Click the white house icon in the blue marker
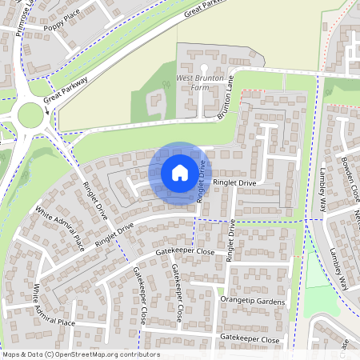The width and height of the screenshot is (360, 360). tap(179, 172)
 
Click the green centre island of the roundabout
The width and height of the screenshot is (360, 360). tap(30, 116)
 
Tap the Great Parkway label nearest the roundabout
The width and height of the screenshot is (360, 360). tap(66, 87)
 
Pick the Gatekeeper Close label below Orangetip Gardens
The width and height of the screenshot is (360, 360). tap(250, 339)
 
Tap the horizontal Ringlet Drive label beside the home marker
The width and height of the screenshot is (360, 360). tap(234, 183)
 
